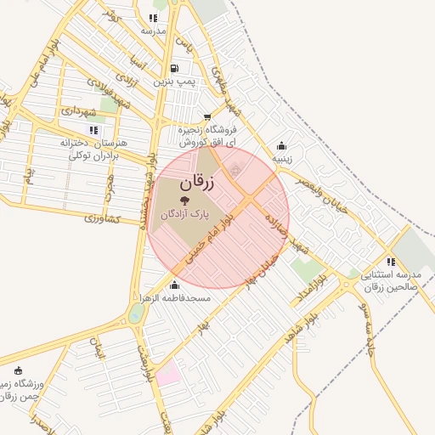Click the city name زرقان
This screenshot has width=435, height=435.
click(x=198, y=183)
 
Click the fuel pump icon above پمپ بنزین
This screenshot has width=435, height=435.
click(x=175, y=69)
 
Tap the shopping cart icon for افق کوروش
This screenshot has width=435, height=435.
click(x=208, y=117)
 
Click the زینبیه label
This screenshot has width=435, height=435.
click(x=282, y=158)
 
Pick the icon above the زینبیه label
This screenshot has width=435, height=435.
click(x=282, y=145)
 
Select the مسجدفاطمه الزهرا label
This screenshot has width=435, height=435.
click(x=177, y=299)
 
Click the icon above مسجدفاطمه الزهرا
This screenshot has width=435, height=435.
click(x=174, y=285)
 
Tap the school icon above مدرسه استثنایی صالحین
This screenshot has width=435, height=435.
click(x=391, y=262)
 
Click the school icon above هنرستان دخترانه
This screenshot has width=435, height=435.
click(x=93, y=130)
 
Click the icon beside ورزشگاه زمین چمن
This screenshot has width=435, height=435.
click(x=19, y=370)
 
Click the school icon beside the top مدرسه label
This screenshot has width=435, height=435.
click(x=153, y=18)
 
